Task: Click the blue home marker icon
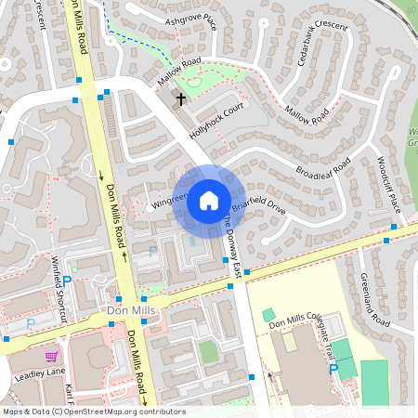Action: tap(209, 200)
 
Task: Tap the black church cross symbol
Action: tap(180, 97)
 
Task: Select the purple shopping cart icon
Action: tap(51, 356)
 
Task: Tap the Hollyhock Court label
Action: tap(216, 122)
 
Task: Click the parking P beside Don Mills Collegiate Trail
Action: tap(333, 369)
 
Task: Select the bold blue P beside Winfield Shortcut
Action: tap(66, 279)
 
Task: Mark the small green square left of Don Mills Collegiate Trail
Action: tap(268, 315)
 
